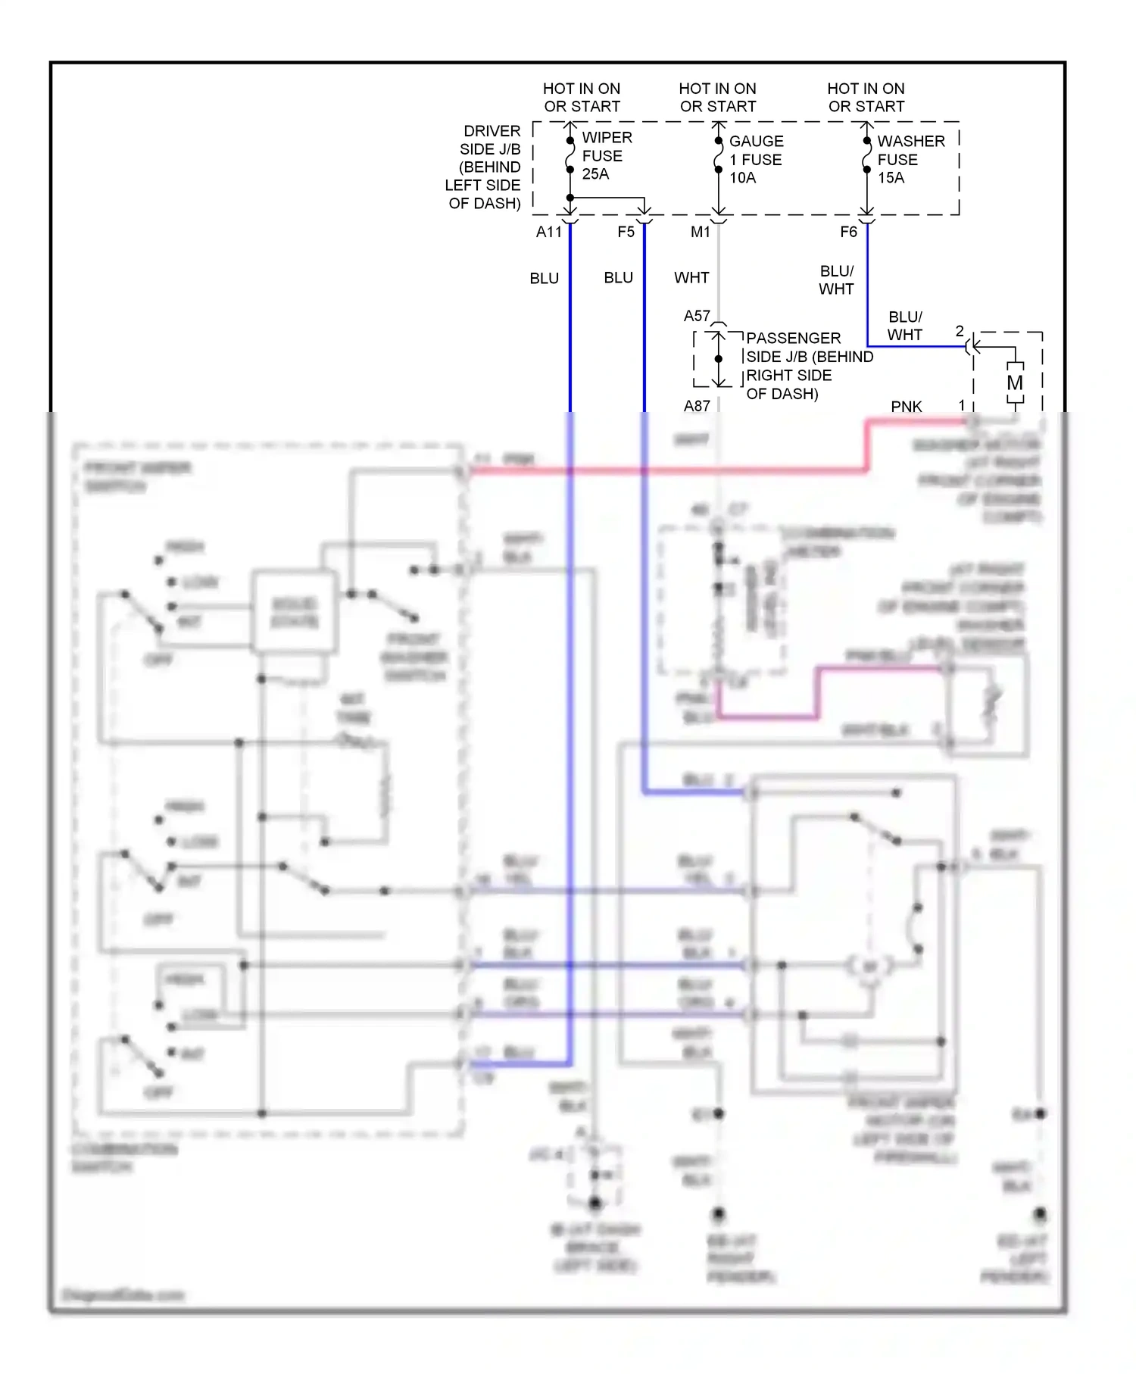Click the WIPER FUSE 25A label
606,156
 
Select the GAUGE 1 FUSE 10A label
755,160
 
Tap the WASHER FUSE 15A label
910,160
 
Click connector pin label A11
549,232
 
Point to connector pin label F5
626,232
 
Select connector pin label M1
700,232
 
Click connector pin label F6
848,232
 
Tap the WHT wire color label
691,278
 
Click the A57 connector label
697,316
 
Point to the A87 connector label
697,406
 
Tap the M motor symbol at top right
1015,383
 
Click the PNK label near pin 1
906,407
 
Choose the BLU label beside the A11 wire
544,279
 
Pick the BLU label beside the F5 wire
618,278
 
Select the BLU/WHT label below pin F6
836,280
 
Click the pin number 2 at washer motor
960,331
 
